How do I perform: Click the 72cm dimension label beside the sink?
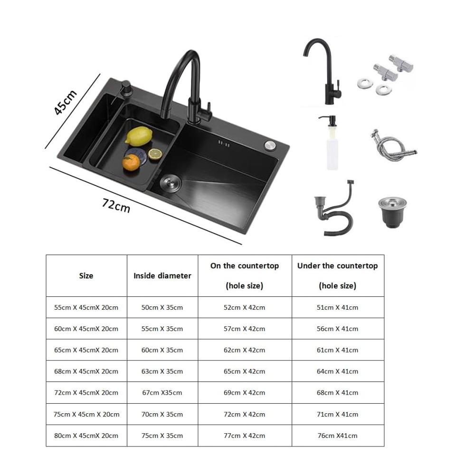116,205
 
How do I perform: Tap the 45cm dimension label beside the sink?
65,102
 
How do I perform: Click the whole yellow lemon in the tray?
139,136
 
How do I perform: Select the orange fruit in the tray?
131,162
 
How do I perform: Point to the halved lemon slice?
155,154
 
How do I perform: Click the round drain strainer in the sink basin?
170,182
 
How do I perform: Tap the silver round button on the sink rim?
270,145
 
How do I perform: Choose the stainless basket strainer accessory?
392,212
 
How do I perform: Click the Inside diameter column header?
162,275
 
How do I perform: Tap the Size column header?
86,275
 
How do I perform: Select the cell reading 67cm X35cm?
162,393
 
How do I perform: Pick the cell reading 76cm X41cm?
337,436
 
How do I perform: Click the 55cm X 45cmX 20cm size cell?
86,307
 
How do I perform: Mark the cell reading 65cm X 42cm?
245,371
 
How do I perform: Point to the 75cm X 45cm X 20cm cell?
86,414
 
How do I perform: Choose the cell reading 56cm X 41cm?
337,329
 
